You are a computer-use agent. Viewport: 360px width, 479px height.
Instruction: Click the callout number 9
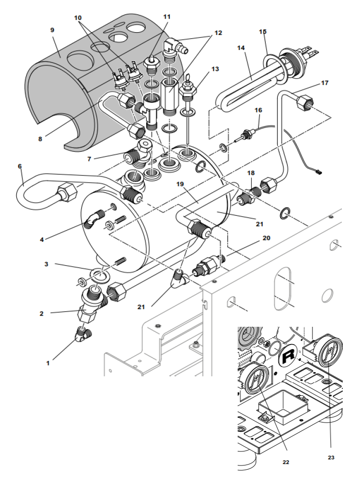click(x=52, y=30)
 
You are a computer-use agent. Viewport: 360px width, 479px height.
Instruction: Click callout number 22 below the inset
click(x=286, y=462)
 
